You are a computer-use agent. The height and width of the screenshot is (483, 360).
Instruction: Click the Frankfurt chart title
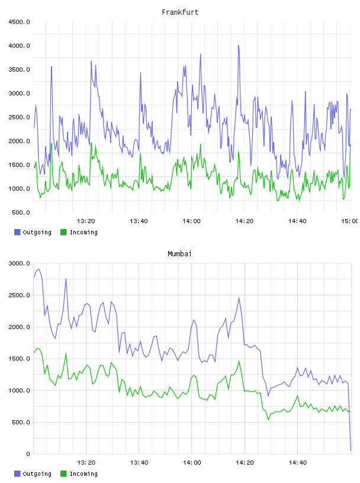(180, 12)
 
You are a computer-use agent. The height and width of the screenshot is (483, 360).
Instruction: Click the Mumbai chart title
(179, 254)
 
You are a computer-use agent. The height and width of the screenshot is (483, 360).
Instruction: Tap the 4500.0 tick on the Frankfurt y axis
(19, 22)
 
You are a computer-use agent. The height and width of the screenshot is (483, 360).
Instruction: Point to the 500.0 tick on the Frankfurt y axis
(21, 212)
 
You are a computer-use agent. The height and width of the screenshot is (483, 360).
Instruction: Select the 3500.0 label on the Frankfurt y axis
(19, 70)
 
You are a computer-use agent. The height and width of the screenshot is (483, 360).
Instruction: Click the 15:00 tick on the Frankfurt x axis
(349, 221)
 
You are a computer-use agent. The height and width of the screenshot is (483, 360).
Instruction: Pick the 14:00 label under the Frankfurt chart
(191, 221)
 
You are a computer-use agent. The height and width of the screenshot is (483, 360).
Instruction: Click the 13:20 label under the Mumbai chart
(86, 463)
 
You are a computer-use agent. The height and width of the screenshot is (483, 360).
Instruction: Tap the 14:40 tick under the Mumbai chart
(297, 463)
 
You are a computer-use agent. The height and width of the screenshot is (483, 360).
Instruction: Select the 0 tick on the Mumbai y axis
(28, 454)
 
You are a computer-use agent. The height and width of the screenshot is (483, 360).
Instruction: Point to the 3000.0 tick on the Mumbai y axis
(19, 263)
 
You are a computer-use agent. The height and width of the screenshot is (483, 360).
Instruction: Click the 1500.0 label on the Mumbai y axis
(19, 359)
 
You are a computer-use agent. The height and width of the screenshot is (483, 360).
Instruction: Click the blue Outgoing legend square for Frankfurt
(17, 232)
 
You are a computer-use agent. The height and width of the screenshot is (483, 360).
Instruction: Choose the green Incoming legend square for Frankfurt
(63, 232)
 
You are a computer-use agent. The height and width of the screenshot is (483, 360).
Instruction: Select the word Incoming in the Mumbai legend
(83, 474)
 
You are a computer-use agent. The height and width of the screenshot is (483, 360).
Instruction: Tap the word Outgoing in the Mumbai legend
(37, 474)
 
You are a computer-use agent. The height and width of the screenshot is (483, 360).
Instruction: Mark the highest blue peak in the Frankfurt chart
(238, 46)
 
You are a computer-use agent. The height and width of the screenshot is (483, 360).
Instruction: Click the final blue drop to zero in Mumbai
(351, 450)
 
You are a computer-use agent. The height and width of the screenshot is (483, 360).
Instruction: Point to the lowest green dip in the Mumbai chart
(268, 419)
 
